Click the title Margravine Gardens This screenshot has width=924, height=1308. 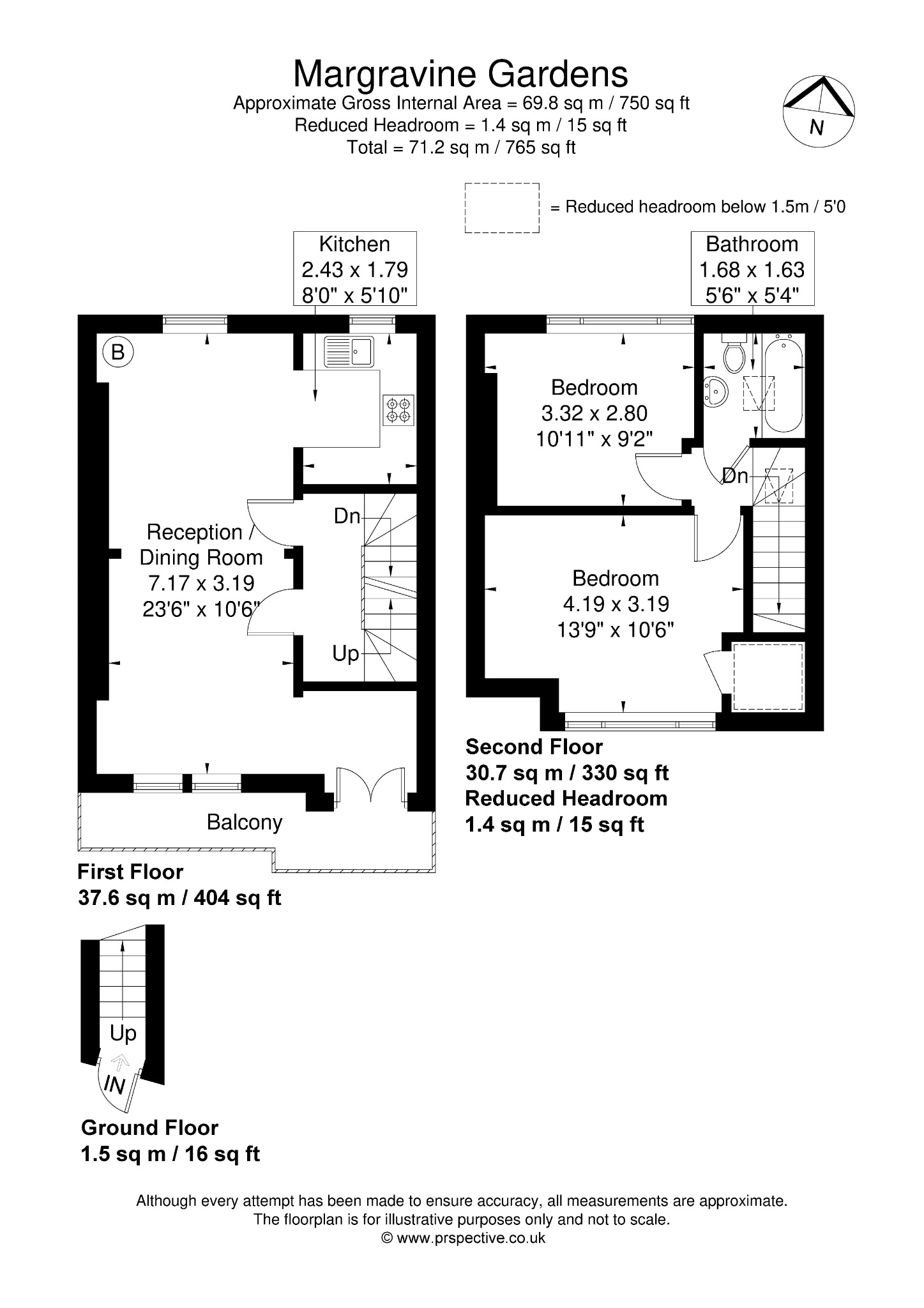460,75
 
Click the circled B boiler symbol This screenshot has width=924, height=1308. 118,352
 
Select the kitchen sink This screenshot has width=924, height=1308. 349,352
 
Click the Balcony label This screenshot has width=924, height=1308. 245,822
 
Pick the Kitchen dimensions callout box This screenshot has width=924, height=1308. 355,269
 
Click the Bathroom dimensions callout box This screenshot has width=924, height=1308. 752,269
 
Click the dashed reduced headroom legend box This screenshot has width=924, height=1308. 502,208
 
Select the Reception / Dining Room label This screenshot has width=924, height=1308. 201,545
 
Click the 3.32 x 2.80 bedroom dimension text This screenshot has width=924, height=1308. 595,413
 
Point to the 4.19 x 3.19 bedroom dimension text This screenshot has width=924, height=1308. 616,604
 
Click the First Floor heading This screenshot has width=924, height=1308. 130,872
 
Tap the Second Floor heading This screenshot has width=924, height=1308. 534,747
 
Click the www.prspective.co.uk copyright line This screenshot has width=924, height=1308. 463,1238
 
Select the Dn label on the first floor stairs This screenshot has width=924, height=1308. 347,516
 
